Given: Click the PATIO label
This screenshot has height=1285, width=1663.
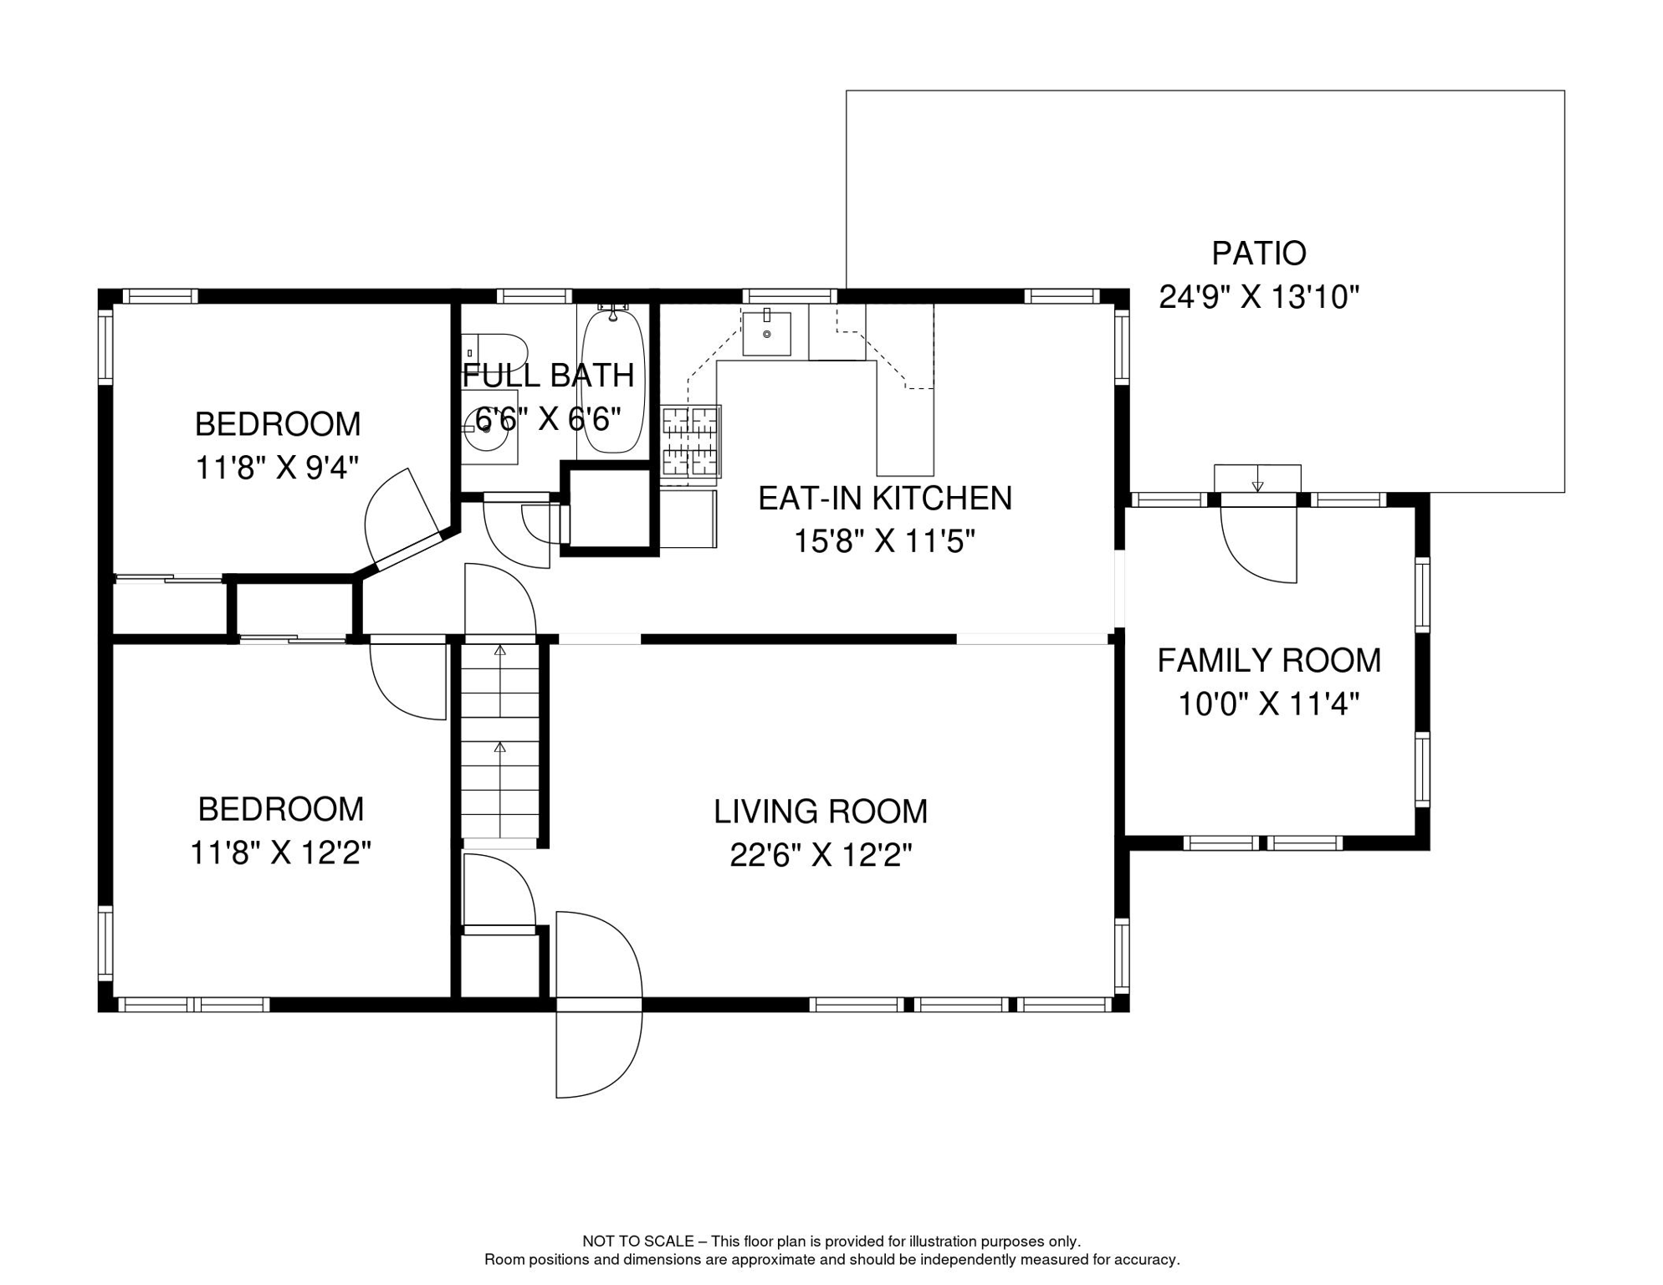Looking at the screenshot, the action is pos(1258,253).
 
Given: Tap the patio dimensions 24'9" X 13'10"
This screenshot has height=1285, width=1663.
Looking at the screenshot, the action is pos(1258,297).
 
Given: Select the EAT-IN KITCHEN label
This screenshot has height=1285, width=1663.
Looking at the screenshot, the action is pos(884,498).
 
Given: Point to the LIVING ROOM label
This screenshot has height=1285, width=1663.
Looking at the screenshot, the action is pos(820,811).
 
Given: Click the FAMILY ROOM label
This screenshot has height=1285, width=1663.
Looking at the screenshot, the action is pos(1268,661).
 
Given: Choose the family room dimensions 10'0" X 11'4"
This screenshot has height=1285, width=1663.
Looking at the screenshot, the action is pos(1268,704).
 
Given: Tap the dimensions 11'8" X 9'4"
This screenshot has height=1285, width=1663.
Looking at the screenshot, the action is pos(277,468).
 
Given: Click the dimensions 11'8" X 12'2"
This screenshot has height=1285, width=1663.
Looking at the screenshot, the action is pos(280,853).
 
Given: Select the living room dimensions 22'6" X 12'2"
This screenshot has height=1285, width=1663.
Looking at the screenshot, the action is pos(820,855).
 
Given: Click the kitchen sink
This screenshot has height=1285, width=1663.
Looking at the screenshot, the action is pos(766,332).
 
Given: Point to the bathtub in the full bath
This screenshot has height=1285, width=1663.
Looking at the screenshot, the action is pos(612,381).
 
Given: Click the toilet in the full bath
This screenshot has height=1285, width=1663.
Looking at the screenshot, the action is pos(494,352).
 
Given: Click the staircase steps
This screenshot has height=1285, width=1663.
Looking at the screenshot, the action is pos(499,741).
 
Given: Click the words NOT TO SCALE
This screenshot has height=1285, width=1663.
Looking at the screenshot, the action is pos(637,1241).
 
